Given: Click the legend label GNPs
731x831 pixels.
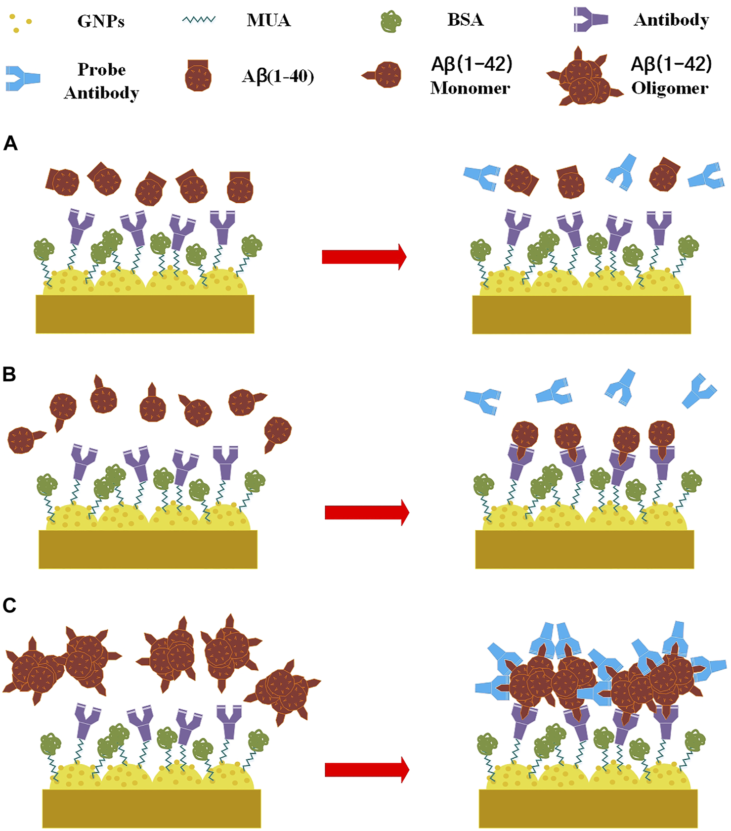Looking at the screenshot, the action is (x=101, y=21).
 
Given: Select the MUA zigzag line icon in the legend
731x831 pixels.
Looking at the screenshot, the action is (x=199, y=20).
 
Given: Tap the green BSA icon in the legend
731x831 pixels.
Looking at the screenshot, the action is (x=390, y=22).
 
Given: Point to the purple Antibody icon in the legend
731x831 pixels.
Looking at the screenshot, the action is (x=591, y=20).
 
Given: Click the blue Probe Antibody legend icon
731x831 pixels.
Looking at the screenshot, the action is (x=23, y=78).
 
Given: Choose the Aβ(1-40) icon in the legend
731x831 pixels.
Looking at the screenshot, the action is (x=198, y=76).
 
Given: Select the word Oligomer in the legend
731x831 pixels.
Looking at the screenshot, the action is (x=670, y=89).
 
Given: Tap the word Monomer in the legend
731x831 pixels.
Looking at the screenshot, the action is (x=470, y=88).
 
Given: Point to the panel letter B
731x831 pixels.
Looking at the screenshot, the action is (x=9, y=374).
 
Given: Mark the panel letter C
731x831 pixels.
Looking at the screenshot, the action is (x=9, y=605).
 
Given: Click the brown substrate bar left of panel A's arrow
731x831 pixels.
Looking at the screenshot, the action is (x=145, y=314).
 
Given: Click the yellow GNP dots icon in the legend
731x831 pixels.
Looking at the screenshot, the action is (x=20, y=23).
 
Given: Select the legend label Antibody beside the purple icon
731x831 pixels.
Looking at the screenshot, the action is (x=671, y=20).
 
